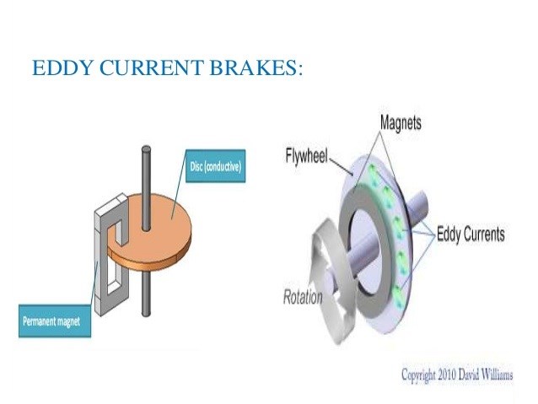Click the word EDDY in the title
pyautogui.click(x=62, y=67)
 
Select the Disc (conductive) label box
pyautogui.click(x=216, y=166)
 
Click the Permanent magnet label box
pyautogui.click(x=55, y=321)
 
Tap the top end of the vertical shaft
pyautogui.click(x=146, y=148)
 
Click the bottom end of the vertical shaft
pyautogui.click(x=146, y=314)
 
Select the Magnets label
pyautogui.click(x=401, y=122)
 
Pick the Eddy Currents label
pyautogui.click(x=471, y=234)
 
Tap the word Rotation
pyautogui.click(x=303, y=297)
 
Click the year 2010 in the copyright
pyautogui.click(x=446, y=374)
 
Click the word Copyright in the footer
pyautogui.click(x=418, y=375)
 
